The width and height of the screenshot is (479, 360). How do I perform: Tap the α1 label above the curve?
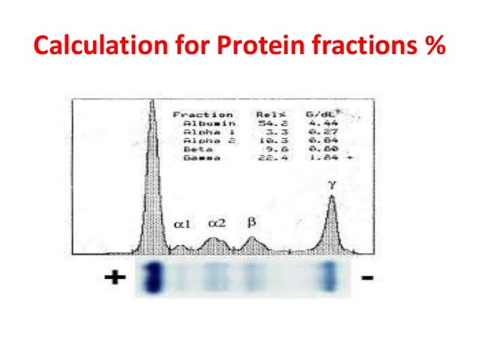(183, 224)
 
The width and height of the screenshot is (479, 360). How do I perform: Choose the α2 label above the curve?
(216, 223)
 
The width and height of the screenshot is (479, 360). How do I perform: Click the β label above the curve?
(252, 222)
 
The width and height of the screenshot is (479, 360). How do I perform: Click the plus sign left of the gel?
(113, 278)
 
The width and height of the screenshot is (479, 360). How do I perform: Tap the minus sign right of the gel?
(368, 278)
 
